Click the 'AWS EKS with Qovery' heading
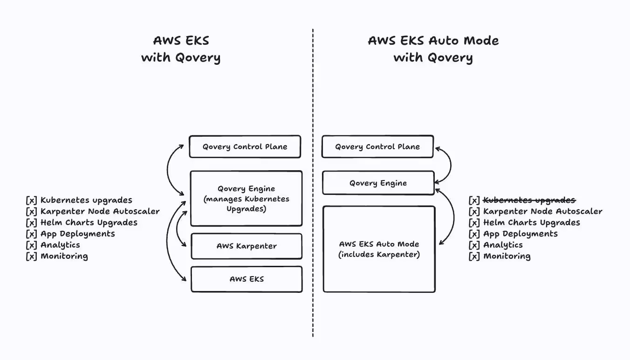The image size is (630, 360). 181,49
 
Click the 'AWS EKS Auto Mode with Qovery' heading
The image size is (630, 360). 433,49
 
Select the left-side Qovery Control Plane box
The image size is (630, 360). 245,147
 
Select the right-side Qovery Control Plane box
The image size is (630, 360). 377,147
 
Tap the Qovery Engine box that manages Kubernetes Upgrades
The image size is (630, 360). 246,199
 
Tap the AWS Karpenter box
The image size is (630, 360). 246,246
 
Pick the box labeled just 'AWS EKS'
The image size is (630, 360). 246,279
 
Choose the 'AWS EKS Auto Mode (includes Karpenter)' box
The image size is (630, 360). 379,249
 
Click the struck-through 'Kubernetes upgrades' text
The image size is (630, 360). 529,200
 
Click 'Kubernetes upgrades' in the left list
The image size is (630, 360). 86,200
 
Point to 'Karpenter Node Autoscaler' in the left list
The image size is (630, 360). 100,211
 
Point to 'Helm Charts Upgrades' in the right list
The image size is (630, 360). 531,222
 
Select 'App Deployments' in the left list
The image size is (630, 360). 77,234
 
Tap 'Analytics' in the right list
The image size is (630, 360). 503,245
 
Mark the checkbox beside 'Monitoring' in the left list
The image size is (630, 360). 31,256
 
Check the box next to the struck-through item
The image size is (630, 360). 474,200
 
